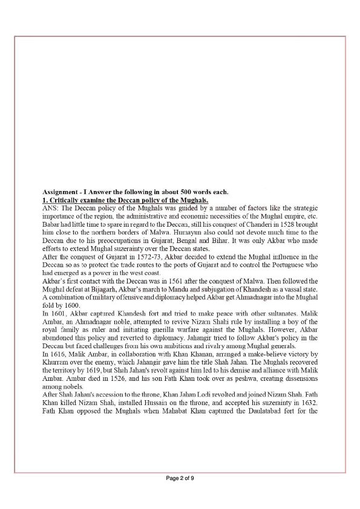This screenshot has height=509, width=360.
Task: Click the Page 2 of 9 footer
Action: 180,478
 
